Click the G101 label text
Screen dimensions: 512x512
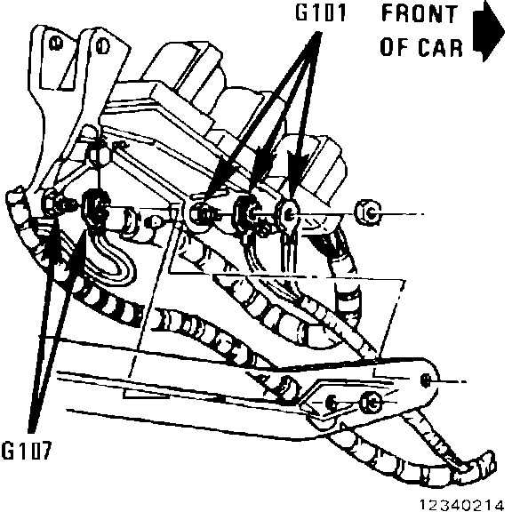coord(320,13)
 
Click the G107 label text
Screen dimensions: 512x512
coord(27,451)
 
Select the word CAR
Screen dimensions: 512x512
coord(441,47)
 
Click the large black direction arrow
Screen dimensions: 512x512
coord(489,31)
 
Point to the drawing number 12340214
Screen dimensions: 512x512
coord(461,505)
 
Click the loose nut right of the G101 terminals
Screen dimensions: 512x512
coord(368,213)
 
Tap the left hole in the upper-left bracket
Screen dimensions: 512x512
coord(56,44)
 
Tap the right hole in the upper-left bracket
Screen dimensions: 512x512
coord(102,46)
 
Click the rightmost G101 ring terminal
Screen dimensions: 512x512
coord(287,214)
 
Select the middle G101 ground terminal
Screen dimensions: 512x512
coord(247,212)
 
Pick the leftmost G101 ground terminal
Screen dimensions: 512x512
coord(200,214)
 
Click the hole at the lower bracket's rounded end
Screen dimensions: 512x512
coord(425,380)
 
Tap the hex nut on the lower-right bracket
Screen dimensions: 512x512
coord(372,403)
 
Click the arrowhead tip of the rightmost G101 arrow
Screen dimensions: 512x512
coord(292,198)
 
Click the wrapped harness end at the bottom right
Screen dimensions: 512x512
coord(477,468)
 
